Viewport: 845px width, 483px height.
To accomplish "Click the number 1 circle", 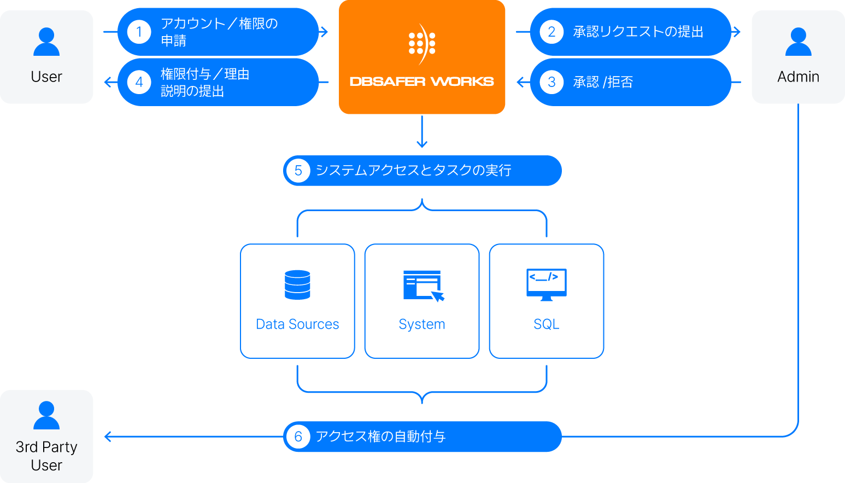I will (x=139, y=32).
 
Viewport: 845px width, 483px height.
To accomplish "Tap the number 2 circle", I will (x=551, y=32).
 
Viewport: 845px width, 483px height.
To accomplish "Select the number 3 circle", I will (x=551, y=82).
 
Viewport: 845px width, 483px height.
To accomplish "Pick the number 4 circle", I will (x=139, y=82).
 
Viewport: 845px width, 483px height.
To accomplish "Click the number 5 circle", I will (x=298, y=171).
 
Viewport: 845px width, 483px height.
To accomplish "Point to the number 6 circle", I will (x=298, y=437).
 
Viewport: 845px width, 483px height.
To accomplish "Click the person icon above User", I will (x=46, y=42).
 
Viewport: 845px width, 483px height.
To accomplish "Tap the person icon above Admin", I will (x=798, y=42).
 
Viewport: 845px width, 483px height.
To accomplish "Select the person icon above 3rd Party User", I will (x=46, y=416).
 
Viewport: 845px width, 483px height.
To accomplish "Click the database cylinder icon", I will (x=297, y=284).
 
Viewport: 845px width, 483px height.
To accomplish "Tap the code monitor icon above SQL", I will (x=546, y=284).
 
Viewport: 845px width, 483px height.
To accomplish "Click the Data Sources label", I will (x=297, y=324).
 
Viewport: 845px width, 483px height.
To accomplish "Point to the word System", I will (x=422, y=324).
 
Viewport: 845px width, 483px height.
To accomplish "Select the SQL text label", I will (x=546, y=324).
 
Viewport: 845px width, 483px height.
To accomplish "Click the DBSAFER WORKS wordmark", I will (x=421, y=82).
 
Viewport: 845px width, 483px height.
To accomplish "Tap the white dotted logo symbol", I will (x=422, y=43).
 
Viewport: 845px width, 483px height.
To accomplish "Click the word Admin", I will (x=798, y=77).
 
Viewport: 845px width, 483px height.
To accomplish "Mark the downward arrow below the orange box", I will (x=421, y=143).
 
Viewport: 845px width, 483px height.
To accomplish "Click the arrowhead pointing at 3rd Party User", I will (x=108, y=437).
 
